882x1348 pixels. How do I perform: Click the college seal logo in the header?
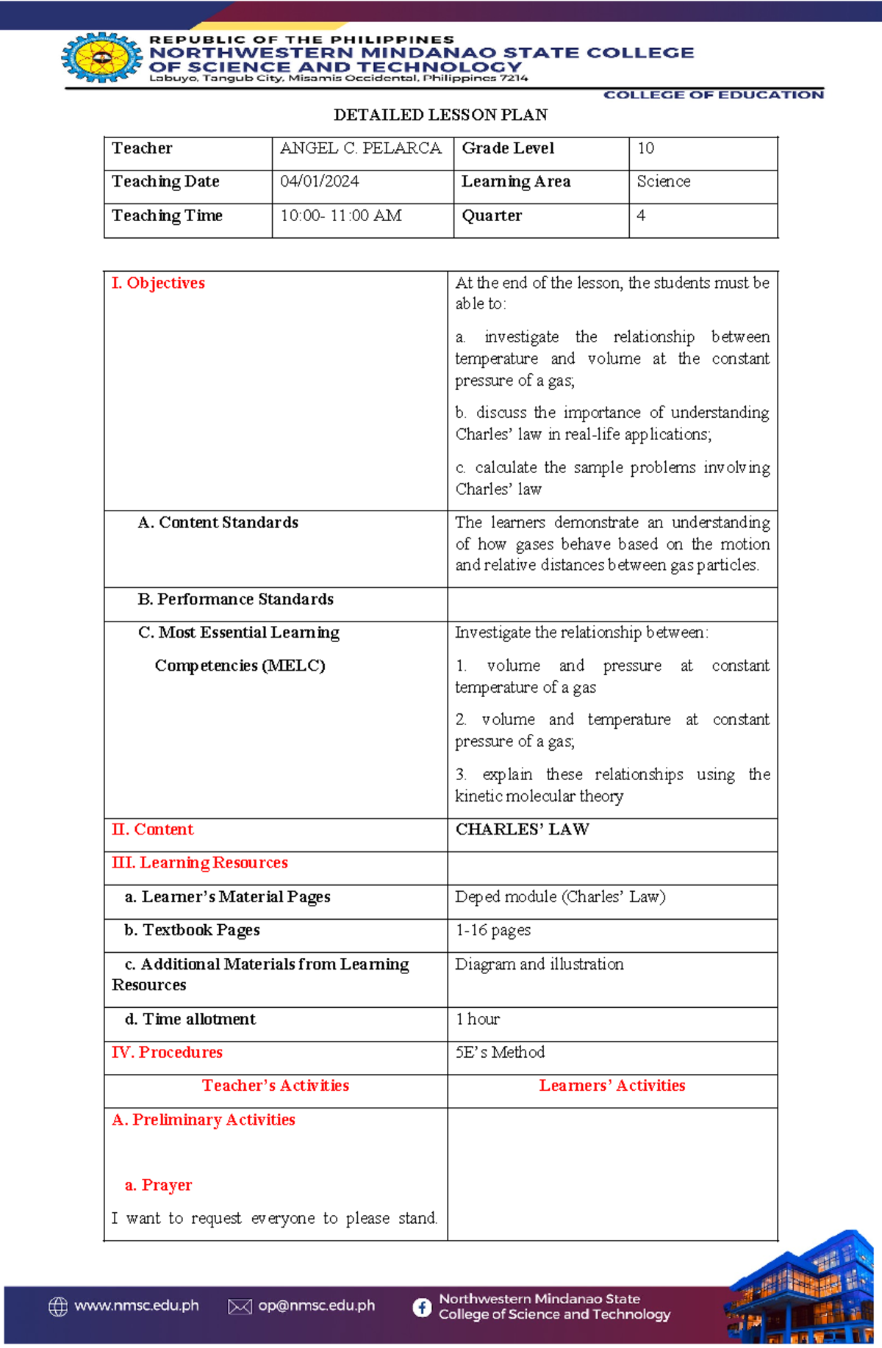(101, 57)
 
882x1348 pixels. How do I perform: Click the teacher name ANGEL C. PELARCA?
(360, 148)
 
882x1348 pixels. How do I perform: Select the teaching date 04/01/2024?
(319, 181)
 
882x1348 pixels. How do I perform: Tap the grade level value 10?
(645, 148)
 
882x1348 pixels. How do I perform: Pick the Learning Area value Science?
(663, 181)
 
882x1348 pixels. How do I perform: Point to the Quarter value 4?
(641, 216)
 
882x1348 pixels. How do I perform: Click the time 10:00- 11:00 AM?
(340, 216)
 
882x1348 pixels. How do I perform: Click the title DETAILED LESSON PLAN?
(440, 115)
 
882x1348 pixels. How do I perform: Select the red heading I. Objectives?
(158, 283)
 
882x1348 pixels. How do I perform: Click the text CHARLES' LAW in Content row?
(522, 829)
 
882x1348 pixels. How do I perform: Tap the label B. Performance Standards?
(235, 599)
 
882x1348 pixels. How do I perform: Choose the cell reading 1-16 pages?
(492, 930)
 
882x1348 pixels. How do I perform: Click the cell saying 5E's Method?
(500, 1052)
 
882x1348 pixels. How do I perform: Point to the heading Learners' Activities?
(612, 1086)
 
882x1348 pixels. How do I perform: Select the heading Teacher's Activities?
(276, 1086)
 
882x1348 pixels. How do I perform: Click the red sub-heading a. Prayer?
(158, 1185)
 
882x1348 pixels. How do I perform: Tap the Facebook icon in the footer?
(422, 1307)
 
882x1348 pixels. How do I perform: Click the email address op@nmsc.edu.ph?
(316, 1306)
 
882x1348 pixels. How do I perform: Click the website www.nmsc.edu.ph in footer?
(136, 1306)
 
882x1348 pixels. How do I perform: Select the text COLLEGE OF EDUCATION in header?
(713, 95)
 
